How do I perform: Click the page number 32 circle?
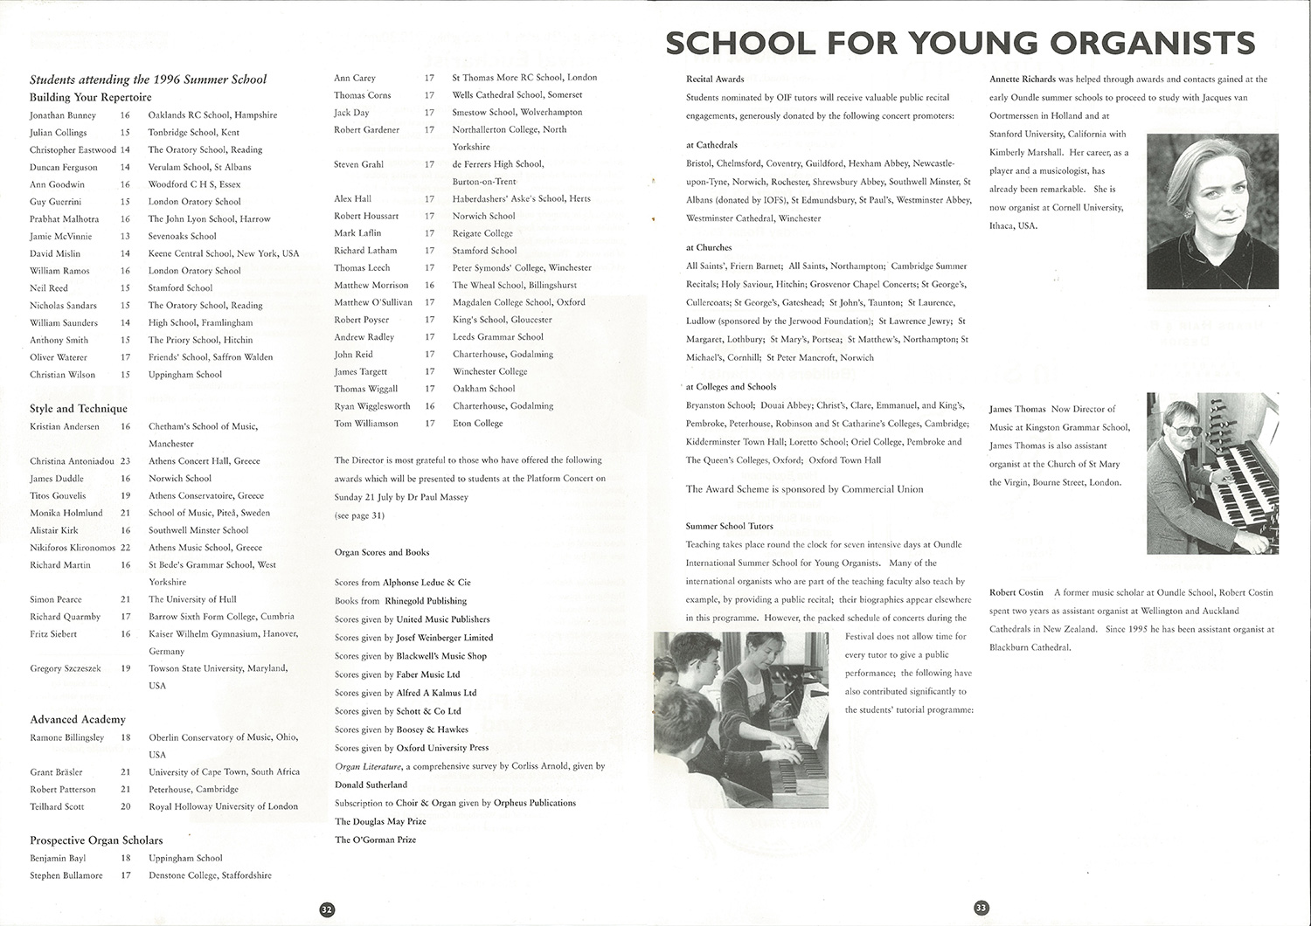pyautogui.click(x=327, y=909)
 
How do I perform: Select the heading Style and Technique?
pyautogui.click(x=79, y=409)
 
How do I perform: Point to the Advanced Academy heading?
pyautogui.click(x=78, y=720)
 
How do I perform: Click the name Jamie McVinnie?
pyautogui.click(x=62, y=236)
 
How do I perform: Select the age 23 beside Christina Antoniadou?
pyautogui.click(x=125, y=461)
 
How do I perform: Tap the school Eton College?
pyautogui.click(x=477, y=424)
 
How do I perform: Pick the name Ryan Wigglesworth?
pyautogui.click(x=371, y=406)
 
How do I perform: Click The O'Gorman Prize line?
pyautogui.click(x=375, y=840)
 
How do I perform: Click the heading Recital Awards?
pyautogui.click(x=715, y=79)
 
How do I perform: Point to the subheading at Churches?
pyautogui.click(x=709, y=248)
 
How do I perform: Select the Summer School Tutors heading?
pyautogui.click(x=729, y=526)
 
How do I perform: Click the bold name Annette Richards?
pyautogui.click(x=1022, y=79)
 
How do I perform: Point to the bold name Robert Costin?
pyautogui.click(x=1016, y=592)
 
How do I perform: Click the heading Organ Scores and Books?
pyautogui.click(x=381, y=552)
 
